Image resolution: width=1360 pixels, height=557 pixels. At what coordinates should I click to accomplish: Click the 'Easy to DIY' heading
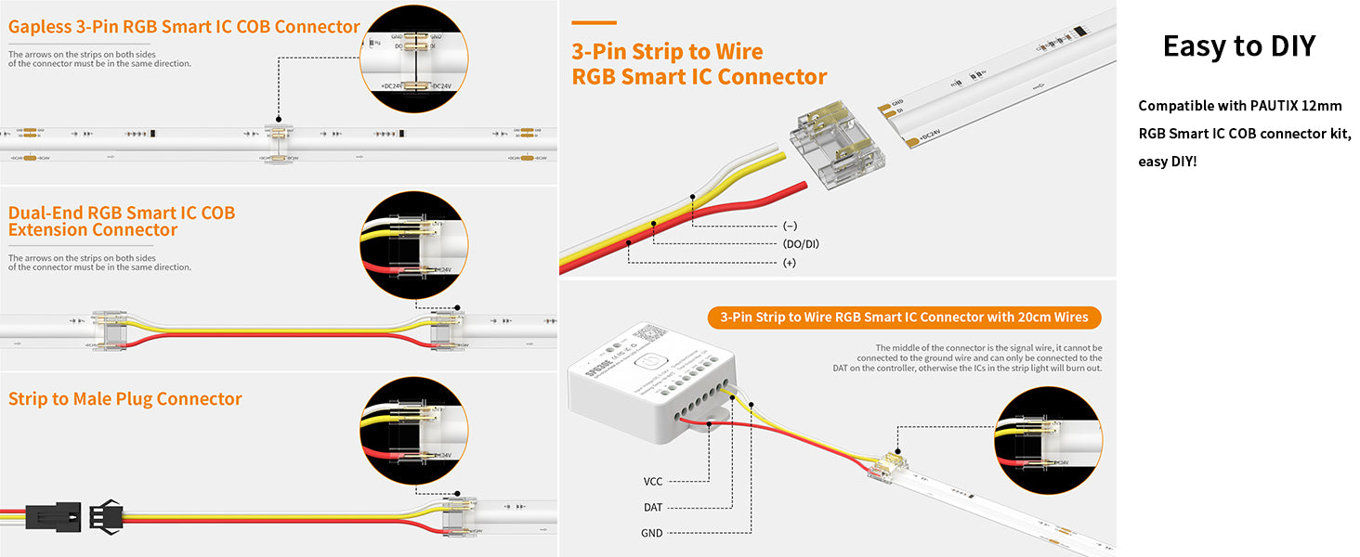click(x=1239, y=46)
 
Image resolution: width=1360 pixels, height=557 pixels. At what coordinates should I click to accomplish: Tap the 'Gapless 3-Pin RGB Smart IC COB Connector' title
click(x=184, y=27)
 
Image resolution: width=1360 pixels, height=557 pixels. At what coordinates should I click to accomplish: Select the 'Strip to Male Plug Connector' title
click(x=125, y=399)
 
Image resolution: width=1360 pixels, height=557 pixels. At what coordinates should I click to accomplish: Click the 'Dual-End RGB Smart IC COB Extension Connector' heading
click(x=122, y=221)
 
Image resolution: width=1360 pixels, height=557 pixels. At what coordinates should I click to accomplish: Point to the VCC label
click(x=653, y=482)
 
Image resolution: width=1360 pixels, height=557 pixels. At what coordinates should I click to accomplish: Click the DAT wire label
click(x=653, y=508)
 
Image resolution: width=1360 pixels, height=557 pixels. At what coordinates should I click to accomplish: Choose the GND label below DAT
click(x=652, y=534)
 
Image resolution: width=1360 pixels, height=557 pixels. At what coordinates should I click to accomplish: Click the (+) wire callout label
click(x=789, y=263)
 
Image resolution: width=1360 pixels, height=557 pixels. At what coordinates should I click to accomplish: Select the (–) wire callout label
click(x=790, y=226)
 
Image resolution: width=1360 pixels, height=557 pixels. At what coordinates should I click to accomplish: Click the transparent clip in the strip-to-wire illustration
click(x=830, y=146)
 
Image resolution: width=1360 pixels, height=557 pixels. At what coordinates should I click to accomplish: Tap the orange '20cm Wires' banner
click(x=904, y=317)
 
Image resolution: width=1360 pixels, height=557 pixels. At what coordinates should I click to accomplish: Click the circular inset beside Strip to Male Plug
click(x=414, y=431)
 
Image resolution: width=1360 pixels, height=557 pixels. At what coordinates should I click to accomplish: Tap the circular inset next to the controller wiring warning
click(x=1047, y=440)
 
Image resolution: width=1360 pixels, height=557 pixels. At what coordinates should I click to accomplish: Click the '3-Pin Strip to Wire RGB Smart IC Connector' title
click(x=699, y=64)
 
